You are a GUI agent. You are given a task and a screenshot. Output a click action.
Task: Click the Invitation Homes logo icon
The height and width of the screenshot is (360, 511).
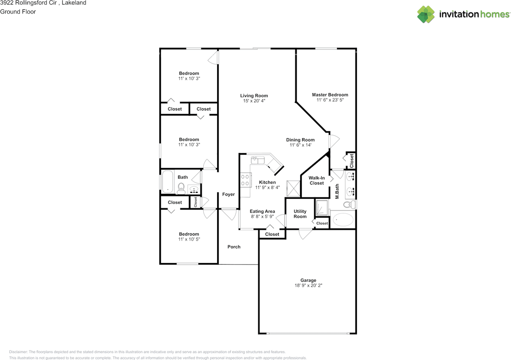point(426,14)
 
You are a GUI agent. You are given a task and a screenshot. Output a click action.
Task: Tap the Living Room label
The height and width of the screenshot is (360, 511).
point(254,96)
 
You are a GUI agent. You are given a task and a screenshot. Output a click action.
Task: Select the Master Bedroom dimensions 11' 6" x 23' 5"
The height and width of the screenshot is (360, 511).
point(330,100)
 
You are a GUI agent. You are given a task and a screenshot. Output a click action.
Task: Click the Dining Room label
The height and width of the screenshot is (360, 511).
point(300,140)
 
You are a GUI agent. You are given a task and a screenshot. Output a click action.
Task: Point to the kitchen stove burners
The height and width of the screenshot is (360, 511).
point(245,180)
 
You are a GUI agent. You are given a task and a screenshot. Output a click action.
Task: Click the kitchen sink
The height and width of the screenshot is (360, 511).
point(257,160)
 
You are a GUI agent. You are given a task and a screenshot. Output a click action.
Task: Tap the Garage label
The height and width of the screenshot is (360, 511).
point(308,281)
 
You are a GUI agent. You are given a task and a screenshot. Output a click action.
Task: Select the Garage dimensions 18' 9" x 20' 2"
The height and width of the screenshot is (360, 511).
point(308,285)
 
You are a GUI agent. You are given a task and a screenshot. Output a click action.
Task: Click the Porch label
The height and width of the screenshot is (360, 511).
point(234,247)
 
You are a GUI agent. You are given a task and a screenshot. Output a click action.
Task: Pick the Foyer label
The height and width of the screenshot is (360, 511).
point(228,194)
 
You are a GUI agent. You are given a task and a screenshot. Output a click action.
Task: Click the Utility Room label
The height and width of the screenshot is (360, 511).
point(300,214)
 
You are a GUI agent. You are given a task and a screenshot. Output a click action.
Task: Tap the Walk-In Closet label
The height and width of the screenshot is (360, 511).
point(317,180)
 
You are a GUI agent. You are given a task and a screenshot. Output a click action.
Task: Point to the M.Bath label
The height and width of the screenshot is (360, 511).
point(337,191)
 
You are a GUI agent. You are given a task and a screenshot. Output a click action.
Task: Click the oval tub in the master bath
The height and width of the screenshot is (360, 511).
point(343,220)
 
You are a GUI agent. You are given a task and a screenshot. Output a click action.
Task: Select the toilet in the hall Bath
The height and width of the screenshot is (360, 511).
point(181,189)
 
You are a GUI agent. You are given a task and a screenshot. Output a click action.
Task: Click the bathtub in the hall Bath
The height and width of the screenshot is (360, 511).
point(167,182)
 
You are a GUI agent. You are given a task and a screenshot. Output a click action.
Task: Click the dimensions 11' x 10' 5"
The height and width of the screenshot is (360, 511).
point(189,239)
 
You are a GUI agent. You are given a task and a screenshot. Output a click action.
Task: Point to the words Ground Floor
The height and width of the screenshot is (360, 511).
point(18,12)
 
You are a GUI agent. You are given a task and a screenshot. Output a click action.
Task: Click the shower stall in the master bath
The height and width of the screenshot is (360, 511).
point(322,208)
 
